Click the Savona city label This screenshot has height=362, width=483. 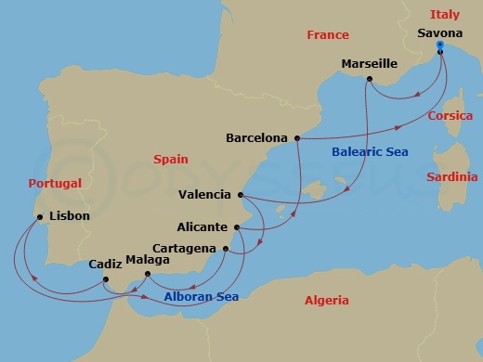pyautogui.click(x=440, y=33)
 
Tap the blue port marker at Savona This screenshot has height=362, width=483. pyautogui.click(x=439, y=45)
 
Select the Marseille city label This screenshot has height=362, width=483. pyautogui.click(x=370, y=64)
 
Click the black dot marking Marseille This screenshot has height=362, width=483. pyautogui.click(x=369, y=80)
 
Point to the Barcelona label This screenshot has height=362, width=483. pyautogui.click(x=256, y=138)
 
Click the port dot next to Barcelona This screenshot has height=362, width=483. pyautogui.click(x=296, y=139)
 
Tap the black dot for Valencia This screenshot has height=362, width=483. pyautogui.click(x=241, y=195)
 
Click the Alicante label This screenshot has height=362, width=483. pyautogui.click(x=203, y=226)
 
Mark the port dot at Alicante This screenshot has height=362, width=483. pyautogui.click(x=238, y=227)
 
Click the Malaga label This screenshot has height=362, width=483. pyautogui.click(x=148, y=260)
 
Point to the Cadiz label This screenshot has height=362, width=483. pyautogui.click(x=106, y=264)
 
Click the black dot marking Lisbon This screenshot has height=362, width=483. pyautogui.click(x=39, y=217)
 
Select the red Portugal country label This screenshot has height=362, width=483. pyautogui.click(x=55, y=183)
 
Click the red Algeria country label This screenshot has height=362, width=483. pyautogui.click(x=326, y=300)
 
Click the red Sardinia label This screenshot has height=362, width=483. pyautogui.click(x=452, y=176)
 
